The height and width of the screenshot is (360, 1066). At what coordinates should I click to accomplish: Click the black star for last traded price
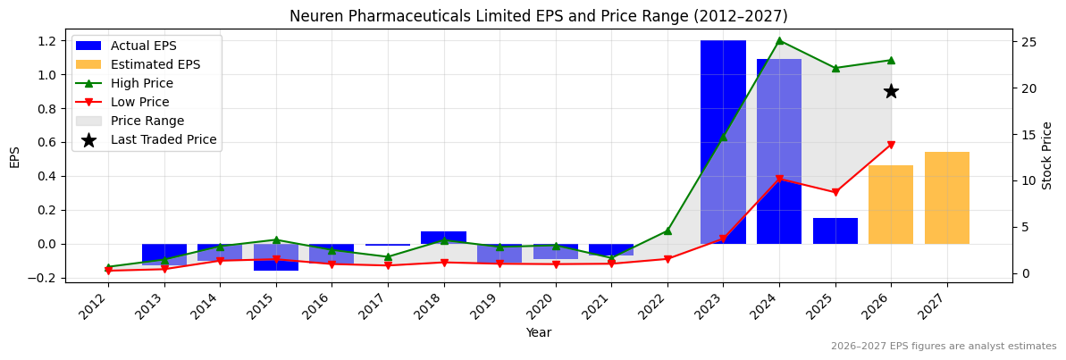coord(891,91)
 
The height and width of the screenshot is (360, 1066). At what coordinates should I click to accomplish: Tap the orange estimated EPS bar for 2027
coord(946,198)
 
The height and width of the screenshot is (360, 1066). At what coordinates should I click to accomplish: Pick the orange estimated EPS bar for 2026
coord(891,205)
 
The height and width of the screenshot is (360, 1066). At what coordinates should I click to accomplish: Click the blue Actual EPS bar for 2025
coord(835,231)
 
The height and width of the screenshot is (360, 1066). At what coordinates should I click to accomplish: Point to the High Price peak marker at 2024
coord(779,40)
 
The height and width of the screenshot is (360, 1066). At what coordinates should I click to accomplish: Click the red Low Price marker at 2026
coord(891,145)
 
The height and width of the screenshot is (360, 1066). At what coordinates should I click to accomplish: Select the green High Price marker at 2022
coord(667,230)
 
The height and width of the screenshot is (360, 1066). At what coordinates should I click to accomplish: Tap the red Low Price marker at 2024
coord(779,179)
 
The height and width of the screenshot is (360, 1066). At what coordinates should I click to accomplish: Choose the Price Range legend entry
coord(147,121)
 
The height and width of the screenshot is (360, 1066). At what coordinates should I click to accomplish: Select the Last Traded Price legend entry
coord(163,139)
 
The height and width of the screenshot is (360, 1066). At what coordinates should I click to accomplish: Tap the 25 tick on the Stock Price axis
coord(1028,42)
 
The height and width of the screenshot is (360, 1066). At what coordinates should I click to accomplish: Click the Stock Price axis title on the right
coord(1047,155)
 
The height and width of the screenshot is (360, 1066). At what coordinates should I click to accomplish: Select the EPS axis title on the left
coord(14,156)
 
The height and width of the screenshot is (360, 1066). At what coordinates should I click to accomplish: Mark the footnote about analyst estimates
coord(943,347)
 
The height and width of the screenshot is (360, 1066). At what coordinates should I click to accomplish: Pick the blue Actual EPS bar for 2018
coord(443,237)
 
